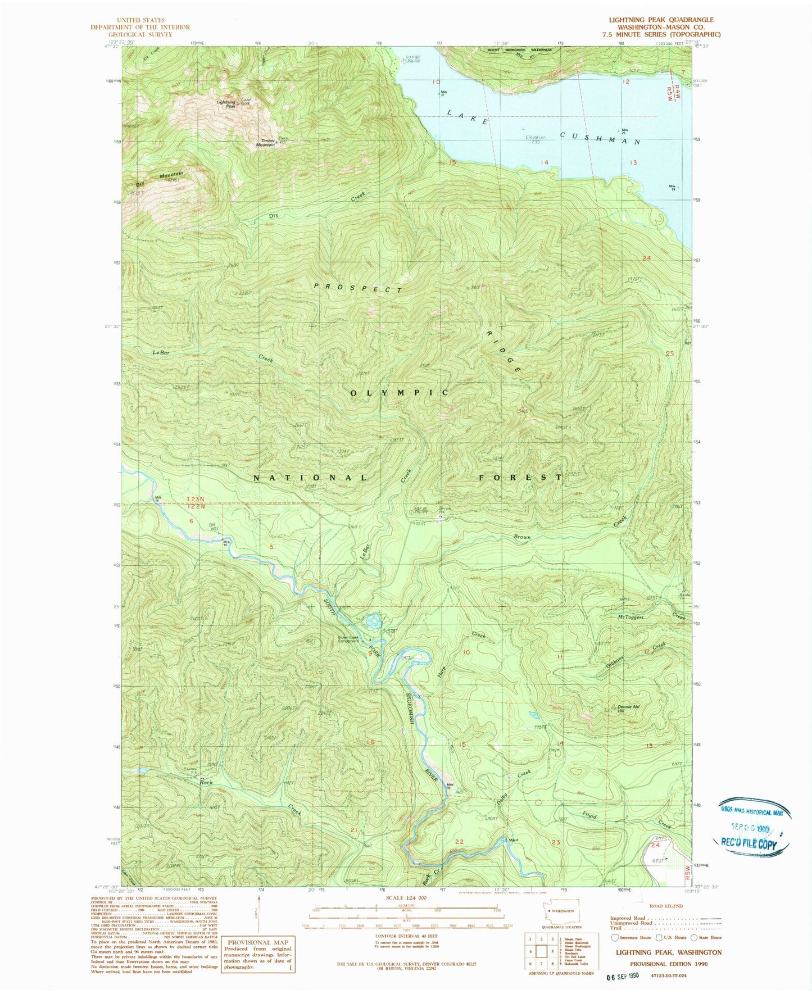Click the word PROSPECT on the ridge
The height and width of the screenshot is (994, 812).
click(358, 288)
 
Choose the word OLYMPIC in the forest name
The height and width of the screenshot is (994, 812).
click(400, 392)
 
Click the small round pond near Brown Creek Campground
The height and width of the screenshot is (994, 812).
click(373, 621)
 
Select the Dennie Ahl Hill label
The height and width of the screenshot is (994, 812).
click(629, 709)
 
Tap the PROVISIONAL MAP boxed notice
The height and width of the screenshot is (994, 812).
click(258, 954)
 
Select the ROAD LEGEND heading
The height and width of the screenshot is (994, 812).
click(666, 906)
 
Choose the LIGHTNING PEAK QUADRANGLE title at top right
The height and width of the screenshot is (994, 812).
click(661, 20)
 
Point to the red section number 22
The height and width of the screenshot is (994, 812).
click(460, 841)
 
